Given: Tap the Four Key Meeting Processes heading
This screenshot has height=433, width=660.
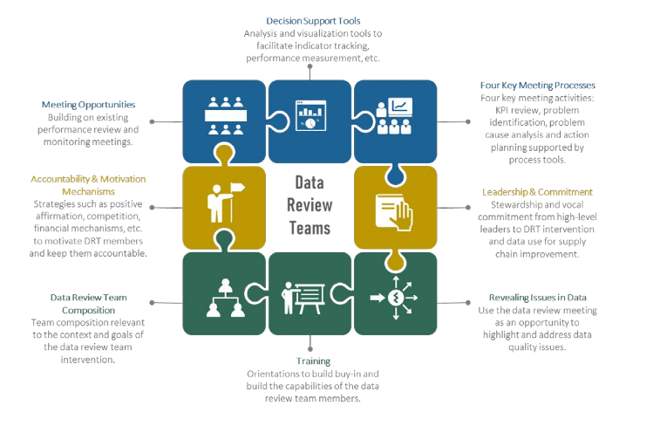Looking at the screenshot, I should point(537,86).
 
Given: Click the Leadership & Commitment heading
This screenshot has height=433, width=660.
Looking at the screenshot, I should point(537,192).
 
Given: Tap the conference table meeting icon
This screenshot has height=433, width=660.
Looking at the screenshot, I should point(225,115).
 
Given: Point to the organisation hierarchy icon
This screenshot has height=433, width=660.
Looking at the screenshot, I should point(224,297).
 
